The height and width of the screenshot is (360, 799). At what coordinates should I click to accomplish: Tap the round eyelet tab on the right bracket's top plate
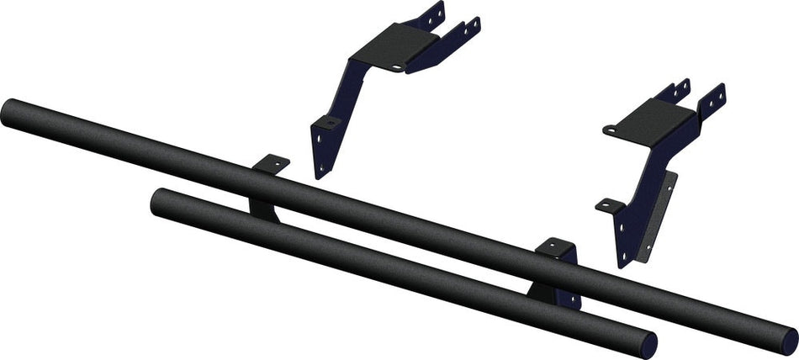[611, 130]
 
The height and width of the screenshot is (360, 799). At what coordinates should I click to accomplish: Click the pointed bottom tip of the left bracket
[320, 175]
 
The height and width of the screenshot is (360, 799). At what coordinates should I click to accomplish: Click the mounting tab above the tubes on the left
[271, 162]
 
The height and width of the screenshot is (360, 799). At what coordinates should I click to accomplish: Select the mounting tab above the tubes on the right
[556, 246]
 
